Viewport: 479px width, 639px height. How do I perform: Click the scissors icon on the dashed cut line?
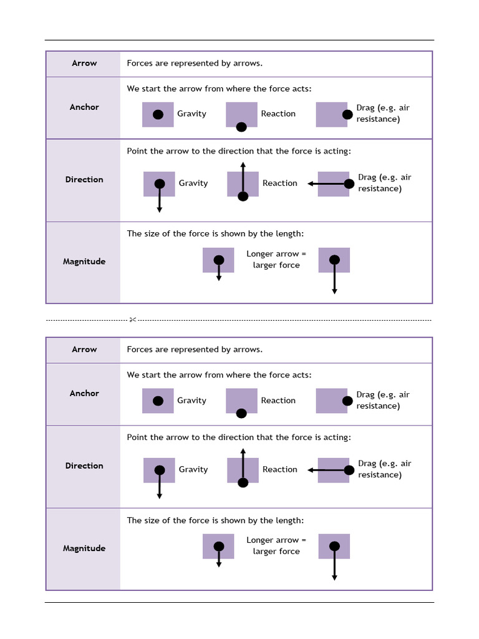pyautogui.click(x=132, y=320)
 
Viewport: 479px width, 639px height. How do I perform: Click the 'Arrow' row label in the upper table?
pyautogui.click(x=84, y=63)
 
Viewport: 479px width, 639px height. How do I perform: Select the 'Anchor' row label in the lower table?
pyautogui.click(x=84, y=393)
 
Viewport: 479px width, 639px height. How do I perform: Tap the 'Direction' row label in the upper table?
pyautogui.click(x=84, y=179)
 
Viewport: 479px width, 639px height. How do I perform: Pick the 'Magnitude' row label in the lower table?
pyautogui.click(x=84, y=548)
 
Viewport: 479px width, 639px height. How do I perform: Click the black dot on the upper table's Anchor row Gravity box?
pyautogui.click(x=158, y=114)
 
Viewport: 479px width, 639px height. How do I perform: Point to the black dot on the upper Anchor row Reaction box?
pyautogui.click(x=241, y=127)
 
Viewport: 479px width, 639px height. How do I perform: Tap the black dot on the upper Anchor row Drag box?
pyautogui.click(x=347, y=114)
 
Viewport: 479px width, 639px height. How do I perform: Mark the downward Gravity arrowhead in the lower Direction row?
pyautogui.click(x=160, y=495)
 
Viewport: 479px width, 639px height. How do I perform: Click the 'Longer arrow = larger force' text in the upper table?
pyautogui.click(x=276, y=259)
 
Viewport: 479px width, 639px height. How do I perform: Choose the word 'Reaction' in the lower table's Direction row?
pyautogui.click(x=279, y=469)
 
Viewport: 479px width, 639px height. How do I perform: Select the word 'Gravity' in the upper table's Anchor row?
pyautogui.click(x=191, y=114)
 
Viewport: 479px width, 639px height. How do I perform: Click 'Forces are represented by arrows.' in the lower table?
pyautogui.click(x=195, y=349)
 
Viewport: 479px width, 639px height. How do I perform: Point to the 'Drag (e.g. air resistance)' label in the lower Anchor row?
pyautogui.click(x=382, y=400)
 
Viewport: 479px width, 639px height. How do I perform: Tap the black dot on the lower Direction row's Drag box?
pyautogui.click(x=349, y=470)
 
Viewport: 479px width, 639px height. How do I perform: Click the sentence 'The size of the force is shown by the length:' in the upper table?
pyautogui.click(x=215, y=233)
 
